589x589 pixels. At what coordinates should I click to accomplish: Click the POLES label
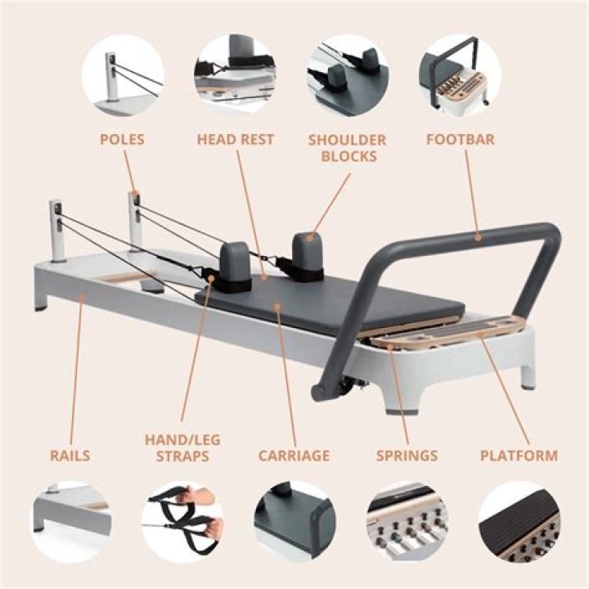pos(122,139)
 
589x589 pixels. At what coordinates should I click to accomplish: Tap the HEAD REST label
pos(236,139)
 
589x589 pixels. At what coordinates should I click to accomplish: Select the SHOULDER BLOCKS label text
pos(348,147)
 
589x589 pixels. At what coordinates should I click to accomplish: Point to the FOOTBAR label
pos(460,139)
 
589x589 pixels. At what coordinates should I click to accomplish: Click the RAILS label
pos(70,456)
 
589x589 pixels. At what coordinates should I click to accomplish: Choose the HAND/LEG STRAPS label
pos(182,447)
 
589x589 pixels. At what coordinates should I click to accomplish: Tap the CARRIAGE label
pos(294,456)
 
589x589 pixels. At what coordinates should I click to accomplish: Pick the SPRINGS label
pos(407,456)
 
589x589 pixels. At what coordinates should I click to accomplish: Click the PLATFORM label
pos(519,456)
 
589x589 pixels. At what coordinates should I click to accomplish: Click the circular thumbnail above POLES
pos(124,75)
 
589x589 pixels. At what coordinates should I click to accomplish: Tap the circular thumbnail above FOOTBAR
pos(460,75)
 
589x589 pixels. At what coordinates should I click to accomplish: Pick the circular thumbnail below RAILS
pos(70,521)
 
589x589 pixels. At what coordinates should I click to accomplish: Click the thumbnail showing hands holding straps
pos(182,521)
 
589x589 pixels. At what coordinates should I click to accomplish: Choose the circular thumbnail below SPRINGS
pos(407,521)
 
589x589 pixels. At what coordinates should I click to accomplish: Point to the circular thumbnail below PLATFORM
pos(519,521)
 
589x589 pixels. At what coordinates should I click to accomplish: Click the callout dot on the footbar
pos(478,237)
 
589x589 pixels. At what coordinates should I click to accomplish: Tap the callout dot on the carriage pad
pos(277,308)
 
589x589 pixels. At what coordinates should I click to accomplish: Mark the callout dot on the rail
pos(83,297)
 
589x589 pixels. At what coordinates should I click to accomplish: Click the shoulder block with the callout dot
pos(308,254)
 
